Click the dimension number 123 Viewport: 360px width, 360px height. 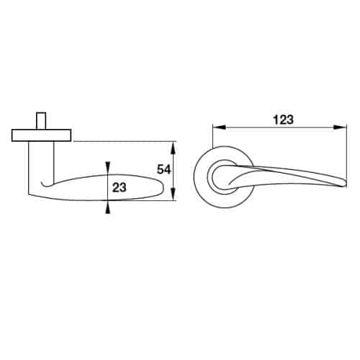point(284,120)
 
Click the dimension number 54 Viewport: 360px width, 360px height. point(164,169)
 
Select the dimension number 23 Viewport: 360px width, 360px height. point(120,187)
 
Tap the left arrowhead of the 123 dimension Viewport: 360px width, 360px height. point(219,127)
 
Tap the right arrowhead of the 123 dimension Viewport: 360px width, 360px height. point(341,127)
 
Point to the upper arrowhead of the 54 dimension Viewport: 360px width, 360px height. point(174,148)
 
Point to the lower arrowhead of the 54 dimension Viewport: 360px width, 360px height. point(174,194)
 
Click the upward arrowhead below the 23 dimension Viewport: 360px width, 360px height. point(108,207)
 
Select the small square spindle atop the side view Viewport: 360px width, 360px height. point(41,121)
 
